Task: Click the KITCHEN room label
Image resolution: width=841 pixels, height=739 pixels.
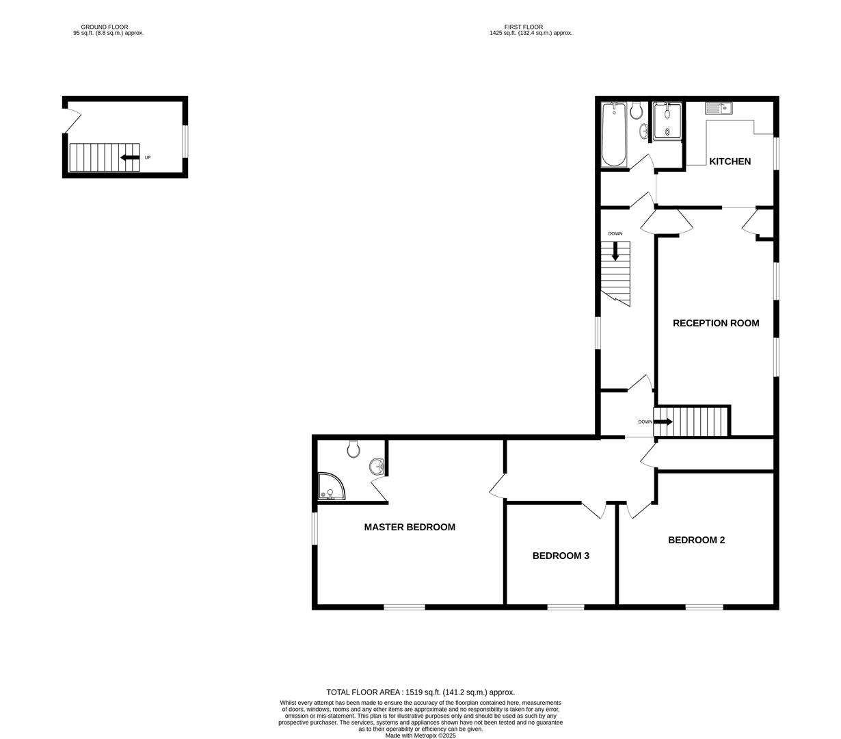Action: pyautogui.click(x=730, y=161)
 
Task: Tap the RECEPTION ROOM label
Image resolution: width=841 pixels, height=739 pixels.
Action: pyautogui.click(x=715, y=323)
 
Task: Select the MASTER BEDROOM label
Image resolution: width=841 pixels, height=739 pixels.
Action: pyautogui.click(x=409, y=527)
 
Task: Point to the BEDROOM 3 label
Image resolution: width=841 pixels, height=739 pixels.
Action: pyautogui.click(x=561, y=556)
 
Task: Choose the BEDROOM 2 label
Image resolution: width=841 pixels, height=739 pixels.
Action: pyautogui.click(x=696, y=540)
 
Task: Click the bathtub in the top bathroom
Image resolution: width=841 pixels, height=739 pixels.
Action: pyautogui.click(x=613, y=135)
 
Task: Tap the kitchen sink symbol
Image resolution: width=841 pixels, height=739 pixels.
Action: pyautogui.click(x=718, y=108)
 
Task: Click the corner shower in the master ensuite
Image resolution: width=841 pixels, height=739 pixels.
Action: pyautogui.click(x=331, y=487)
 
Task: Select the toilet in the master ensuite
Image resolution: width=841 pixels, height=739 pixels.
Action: pyautogui.click(x=353, y=449)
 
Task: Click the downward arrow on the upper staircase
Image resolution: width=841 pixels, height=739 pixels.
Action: pyautogui.click(x=615, y=251)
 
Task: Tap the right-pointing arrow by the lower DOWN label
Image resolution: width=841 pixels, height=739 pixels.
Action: pyautogui.click(x=663, y=422)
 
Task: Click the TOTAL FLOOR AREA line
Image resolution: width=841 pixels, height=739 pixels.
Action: pyautogui.click(x=420, y=692)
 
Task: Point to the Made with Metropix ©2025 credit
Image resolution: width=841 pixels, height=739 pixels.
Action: pyautogui.click(x=420, y=736)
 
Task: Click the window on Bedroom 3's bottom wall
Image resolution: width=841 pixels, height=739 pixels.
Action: pyautogui.click(x=565, y=606)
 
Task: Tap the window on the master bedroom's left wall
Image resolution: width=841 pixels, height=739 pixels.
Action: pyautogui.click(x=315, y=530)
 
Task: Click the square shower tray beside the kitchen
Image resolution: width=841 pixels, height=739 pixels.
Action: pyautogui.click(x=667, y=121)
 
